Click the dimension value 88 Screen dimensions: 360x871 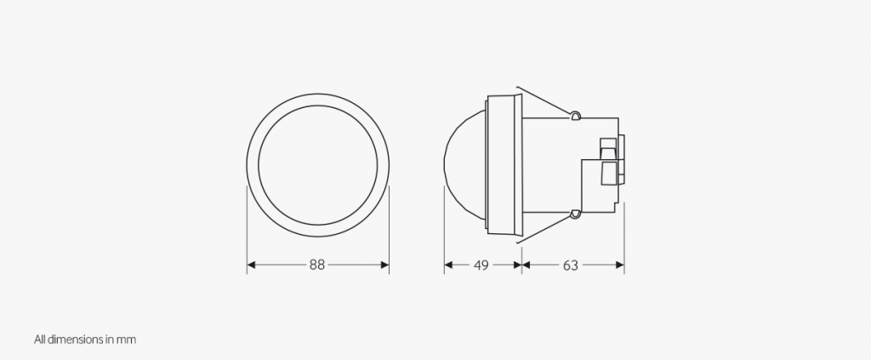pyautogui.click(x=317, y=266)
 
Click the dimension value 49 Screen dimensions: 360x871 pyautogui.click(x=481, y=266)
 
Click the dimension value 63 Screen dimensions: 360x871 pyautogui.click(x=570, y=266)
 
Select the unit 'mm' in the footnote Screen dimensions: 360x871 pyautogui.click(x=127, y=340)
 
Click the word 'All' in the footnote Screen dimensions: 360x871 pyautogui.click(x=40, y=340)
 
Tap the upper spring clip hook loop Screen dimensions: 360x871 pyautogui.click(x=576, y=114)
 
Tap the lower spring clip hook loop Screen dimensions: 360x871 pyautogui.click(x=576, y=213)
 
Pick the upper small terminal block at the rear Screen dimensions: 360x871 pyautogui.click(x=608, y=146)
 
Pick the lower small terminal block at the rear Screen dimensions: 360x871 pyautogui.click(x=608, y=174)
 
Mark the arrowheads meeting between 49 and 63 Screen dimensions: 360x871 pyautogui.click(x=522, y=266)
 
